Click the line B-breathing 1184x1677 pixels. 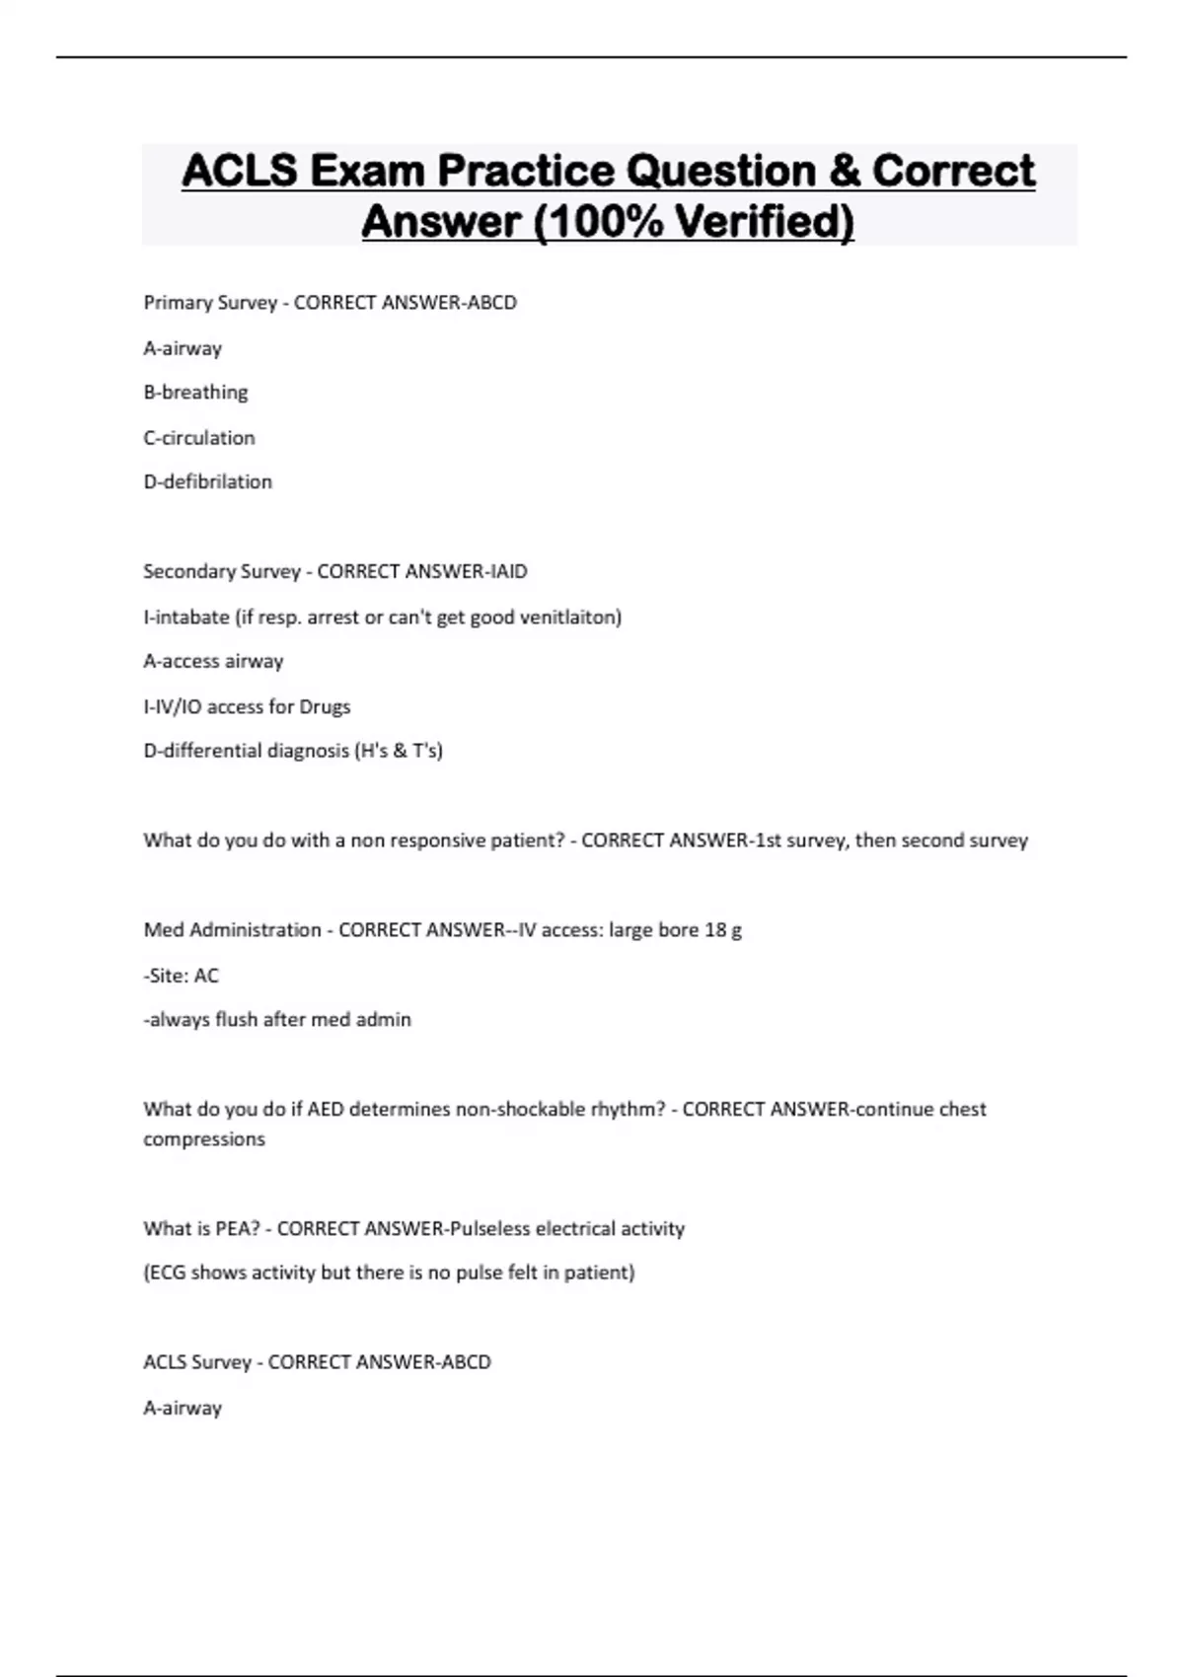click(195, 393)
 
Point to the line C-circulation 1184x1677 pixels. click(199, 437)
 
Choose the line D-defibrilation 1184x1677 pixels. click(207, 482)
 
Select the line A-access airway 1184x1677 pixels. click(213, 661)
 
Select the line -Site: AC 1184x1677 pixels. click(181, 976)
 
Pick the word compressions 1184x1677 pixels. click(204, 1139)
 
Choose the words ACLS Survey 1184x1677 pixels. click(197, 1362)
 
